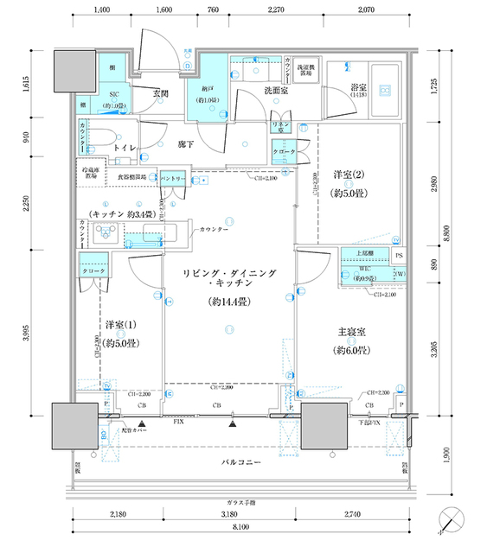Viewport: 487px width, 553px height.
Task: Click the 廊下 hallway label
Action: (x=186, y=145)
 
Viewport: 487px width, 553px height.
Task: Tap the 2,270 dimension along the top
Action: (x=277, y=10)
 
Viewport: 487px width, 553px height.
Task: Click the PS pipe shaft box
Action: (x=399, y=256)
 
